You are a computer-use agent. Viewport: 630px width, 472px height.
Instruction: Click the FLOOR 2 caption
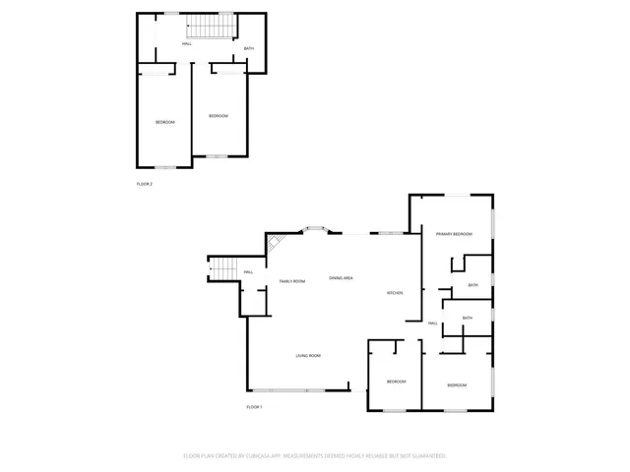(x=144, y=184)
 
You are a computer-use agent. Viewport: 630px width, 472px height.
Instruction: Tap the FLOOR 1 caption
(x=255, y=407)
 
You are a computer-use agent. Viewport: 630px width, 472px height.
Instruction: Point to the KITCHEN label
(x=395, y=294)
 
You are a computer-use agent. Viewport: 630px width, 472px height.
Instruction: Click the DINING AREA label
(x=342, y=279)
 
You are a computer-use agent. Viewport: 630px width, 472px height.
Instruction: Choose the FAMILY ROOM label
(x=292, y=281)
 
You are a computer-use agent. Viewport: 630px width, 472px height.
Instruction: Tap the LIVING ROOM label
(x=308, y=355)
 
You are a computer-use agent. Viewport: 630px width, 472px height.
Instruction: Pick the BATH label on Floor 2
(x=249, y=49)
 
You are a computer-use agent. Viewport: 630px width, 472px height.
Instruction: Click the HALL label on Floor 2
(x=187, y=43)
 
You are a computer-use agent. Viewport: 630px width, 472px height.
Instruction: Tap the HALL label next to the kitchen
(x=432, y=323)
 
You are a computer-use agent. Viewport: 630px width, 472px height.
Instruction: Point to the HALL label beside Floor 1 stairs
(x=248, y=272)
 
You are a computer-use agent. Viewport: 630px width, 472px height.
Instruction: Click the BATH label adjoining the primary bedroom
(x=473, y=285)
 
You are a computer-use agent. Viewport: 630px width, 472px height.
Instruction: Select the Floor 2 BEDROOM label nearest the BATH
(x=219, y=116)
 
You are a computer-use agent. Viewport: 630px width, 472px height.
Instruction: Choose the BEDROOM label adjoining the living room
(x=397, y=381)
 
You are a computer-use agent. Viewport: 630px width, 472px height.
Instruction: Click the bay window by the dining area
(x=318, y=230)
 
